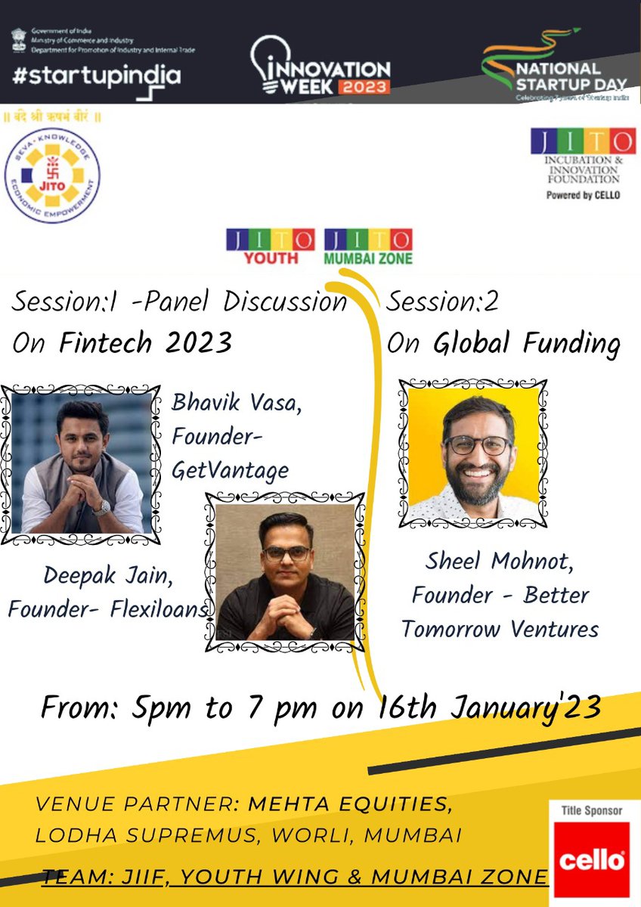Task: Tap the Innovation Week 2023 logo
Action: coord(320,67)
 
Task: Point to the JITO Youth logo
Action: coord(271,246)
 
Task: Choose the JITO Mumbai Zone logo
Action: coord(368,246)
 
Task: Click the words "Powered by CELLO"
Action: coord(582,194)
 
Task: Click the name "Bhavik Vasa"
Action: coord(237,403)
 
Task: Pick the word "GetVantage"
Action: coord(231,470)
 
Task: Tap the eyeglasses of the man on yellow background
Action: coord(478,444)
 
